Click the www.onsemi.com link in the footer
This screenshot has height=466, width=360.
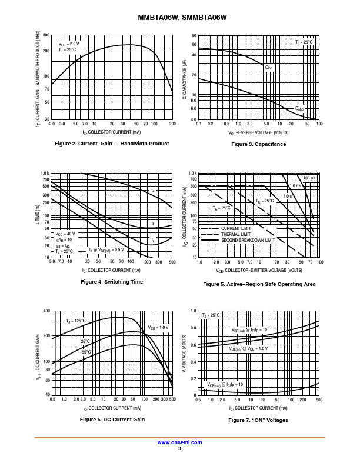coord(179,442)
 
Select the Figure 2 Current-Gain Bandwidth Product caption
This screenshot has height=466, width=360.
coord(112,144)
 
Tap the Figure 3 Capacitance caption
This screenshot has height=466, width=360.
coord(259,144)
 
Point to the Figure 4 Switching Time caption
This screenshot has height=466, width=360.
coord(112,282)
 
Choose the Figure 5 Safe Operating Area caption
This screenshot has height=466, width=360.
coord(259,284)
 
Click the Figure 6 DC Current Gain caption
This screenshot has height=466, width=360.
coord(112,420)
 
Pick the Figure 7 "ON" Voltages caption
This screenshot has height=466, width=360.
coord(258,420)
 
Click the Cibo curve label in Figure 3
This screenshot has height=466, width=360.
coord(269,68)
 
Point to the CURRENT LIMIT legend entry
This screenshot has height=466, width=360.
coord(236,228)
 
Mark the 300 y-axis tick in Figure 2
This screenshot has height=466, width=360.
coord(46,35)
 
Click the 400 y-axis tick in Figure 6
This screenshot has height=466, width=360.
coord(46,311)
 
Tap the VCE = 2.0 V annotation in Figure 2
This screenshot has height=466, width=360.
coord(68,44)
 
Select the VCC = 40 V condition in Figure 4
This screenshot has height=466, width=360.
coord(64,234)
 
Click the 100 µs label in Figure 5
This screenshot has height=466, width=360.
coord(309,178)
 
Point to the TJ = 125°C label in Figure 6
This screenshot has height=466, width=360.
coord(76,321)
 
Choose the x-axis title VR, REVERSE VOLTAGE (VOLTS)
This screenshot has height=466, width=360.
coord(259,133)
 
